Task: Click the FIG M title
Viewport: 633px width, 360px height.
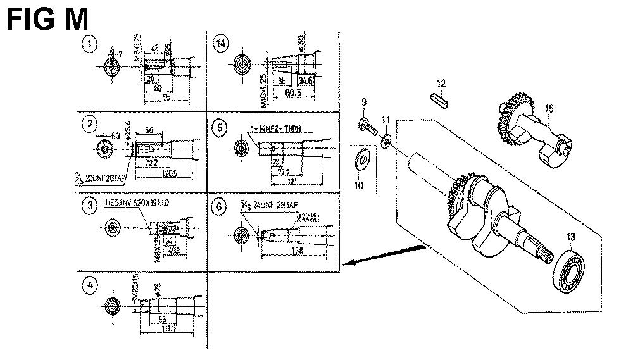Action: click(x=47, y=20)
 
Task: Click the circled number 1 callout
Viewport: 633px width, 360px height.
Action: click(x=92, y=44)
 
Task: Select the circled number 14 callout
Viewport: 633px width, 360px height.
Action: click(x=221, y=44)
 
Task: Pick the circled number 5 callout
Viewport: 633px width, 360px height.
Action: click(x=220, y=128)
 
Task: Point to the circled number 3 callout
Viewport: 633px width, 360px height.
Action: click(x=92, y=206)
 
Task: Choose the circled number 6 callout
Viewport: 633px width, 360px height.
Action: click(x=220, y=207)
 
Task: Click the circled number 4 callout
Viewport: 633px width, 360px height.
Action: click(x=92, y=285)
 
